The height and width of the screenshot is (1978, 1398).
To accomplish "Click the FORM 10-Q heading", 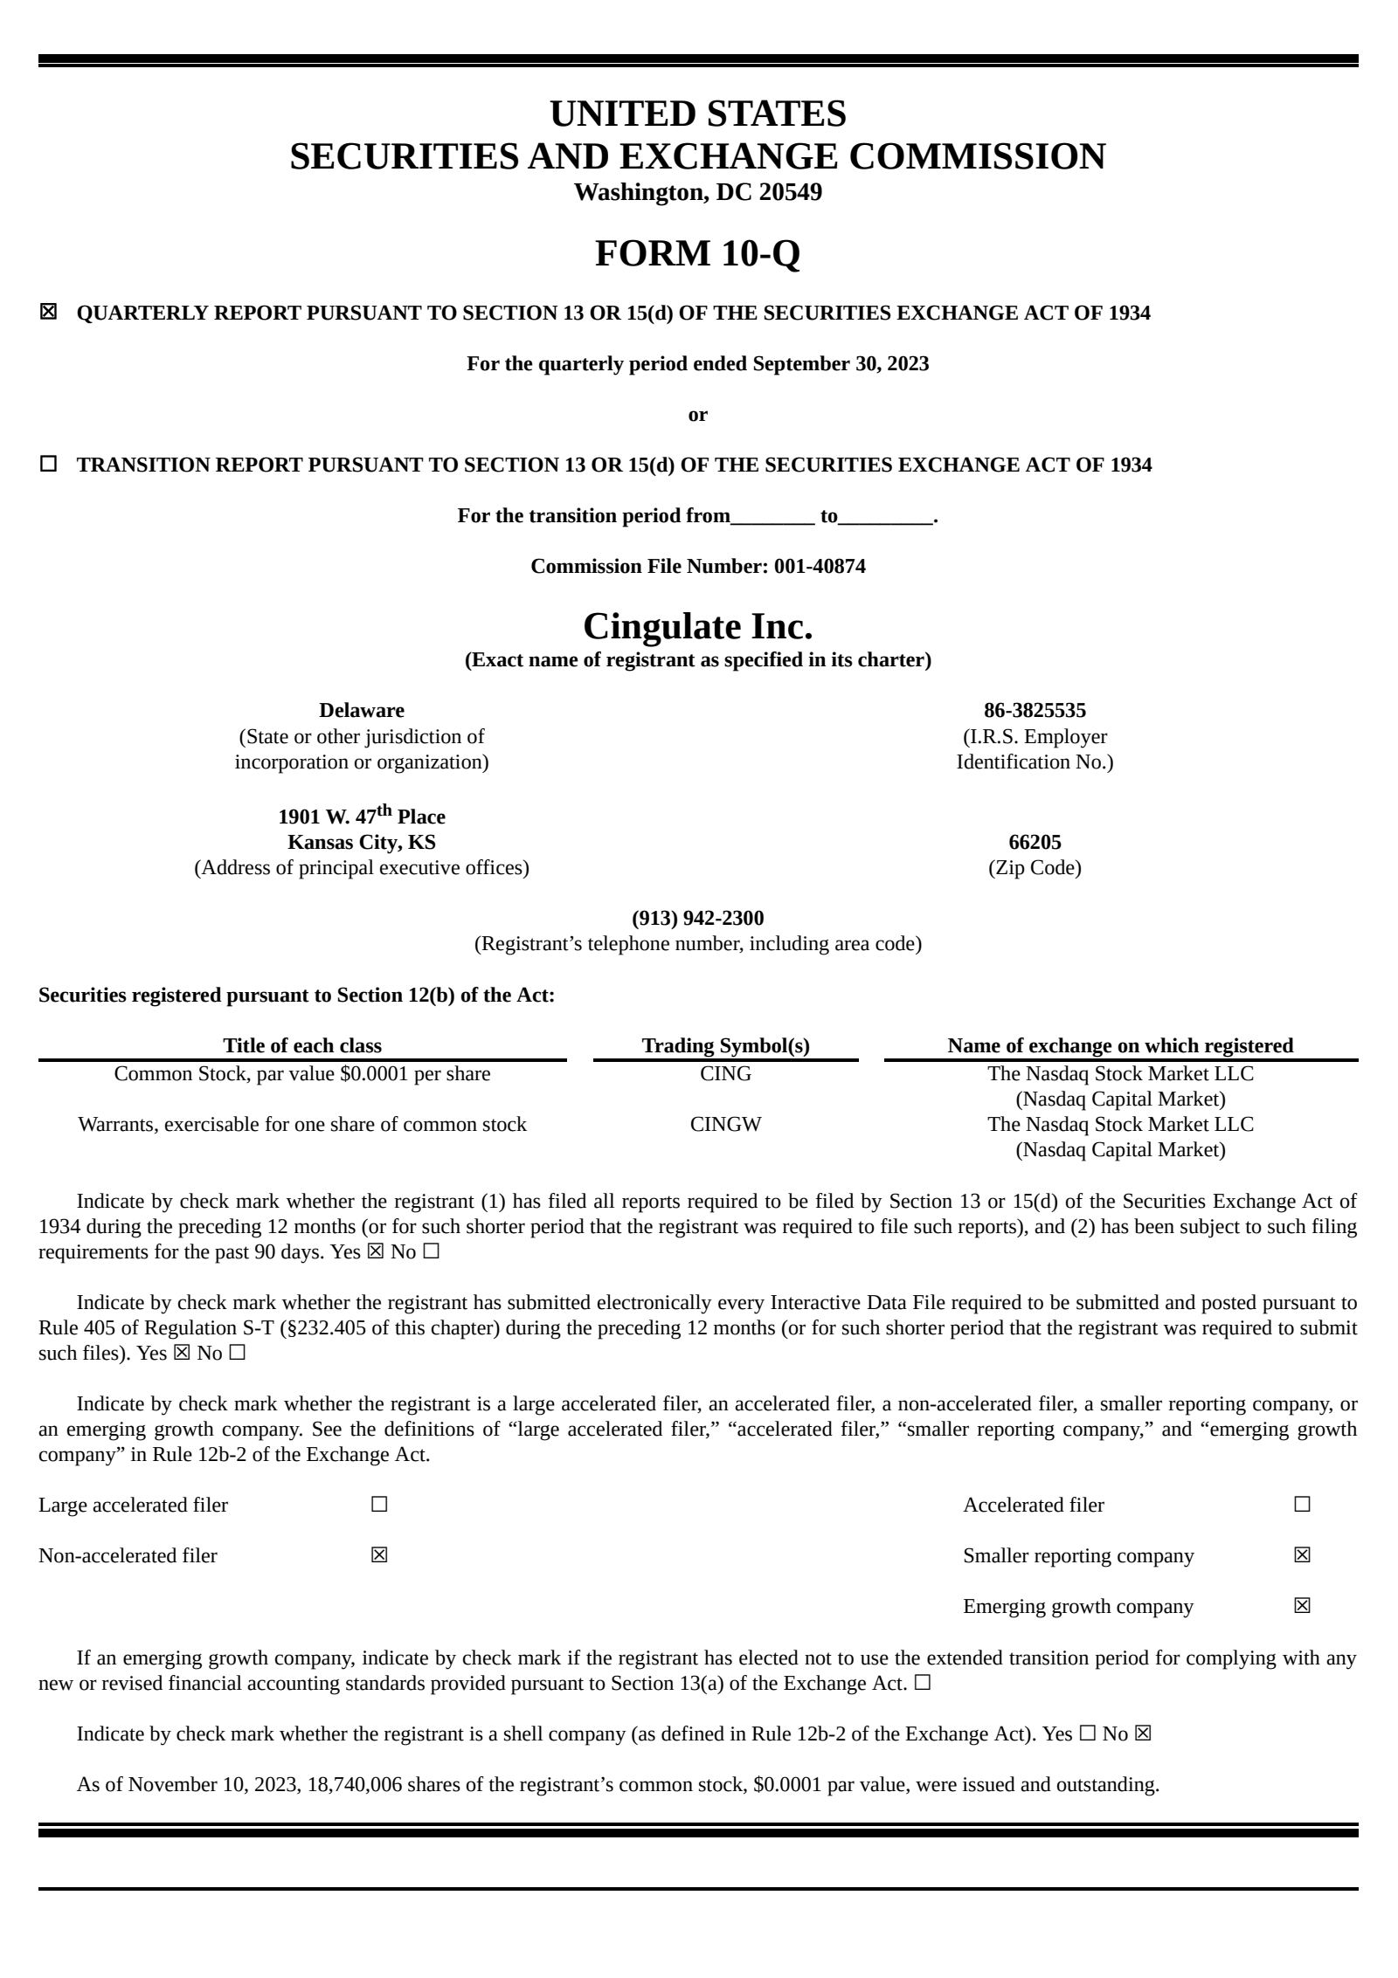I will click(697, 253).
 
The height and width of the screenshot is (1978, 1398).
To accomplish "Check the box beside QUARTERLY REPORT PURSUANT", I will click(48, 312).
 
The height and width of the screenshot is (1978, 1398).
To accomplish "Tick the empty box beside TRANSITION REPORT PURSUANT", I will click(48, 464).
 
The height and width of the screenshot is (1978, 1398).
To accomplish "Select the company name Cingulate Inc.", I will click(697, 626).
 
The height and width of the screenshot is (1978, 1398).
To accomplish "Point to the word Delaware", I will click(361, 710).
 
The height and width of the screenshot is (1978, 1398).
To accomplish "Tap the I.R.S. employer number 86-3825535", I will click(1035, 710).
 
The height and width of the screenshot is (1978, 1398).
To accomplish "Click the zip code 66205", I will click(1035, 842).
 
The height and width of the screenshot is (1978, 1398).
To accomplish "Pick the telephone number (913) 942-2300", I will click(697, 918).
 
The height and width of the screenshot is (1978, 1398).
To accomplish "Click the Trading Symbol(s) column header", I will click(725, 1045).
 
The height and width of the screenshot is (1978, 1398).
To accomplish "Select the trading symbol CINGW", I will click(725, 1124).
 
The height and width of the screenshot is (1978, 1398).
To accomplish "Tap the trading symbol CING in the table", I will click(725, 1073).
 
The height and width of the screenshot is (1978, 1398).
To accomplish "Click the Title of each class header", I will click(301, 1045).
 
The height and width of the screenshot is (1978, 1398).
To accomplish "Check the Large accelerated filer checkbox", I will click(379, 1505).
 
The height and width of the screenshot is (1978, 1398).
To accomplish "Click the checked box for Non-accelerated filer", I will click(379, 1555).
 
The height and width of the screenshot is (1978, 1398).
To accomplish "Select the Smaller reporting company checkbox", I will click(1302, 1555).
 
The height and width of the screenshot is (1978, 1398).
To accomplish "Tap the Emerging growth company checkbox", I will click(1302, 1606).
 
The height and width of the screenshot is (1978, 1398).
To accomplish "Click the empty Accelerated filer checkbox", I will click(1302, 1505).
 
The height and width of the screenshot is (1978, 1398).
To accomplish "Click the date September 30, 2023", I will click(841, 363).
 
